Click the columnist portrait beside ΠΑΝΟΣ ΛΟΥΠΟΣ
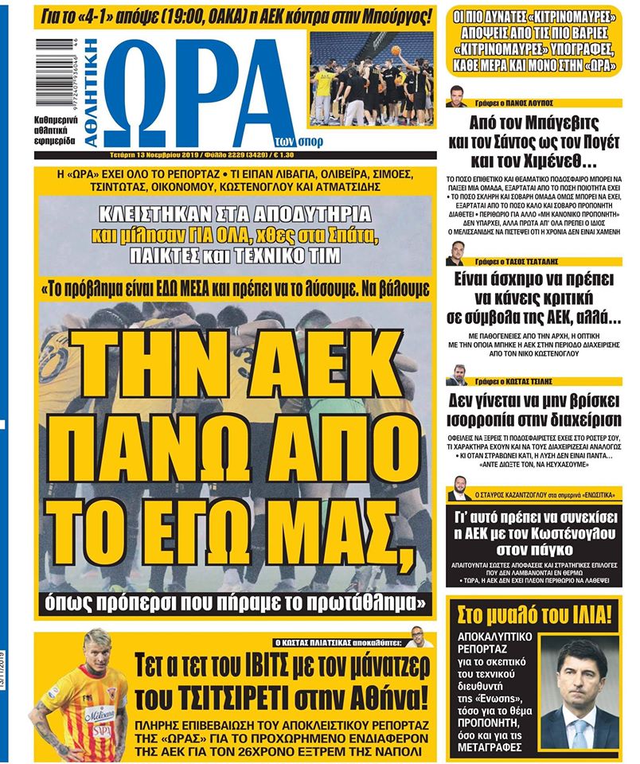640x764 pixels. coord(456,95)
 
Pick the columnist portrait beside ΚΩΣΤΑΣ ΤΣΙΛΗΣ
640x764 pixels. coord(456,373)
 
